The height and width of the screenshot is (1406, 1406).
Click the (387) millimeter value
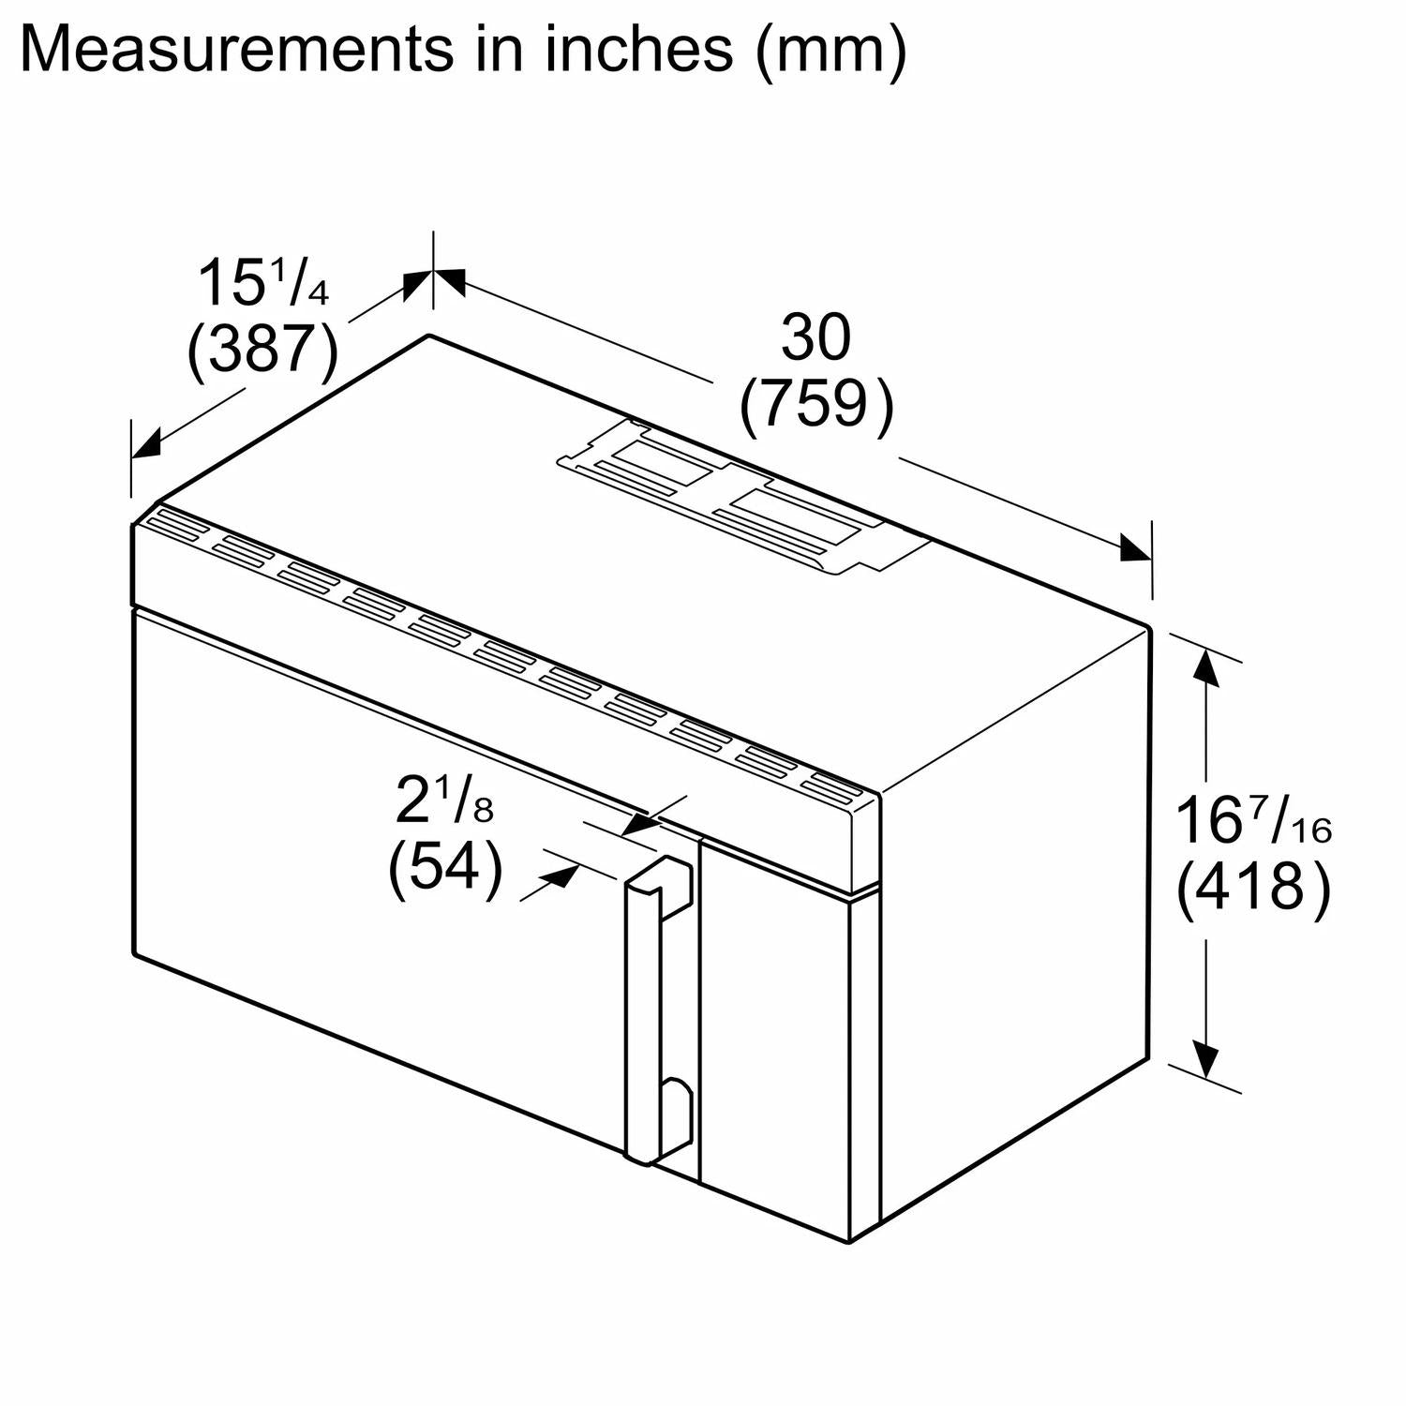pos(262,351)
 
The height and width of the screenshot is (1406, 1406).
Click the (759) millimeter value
pos(816,405)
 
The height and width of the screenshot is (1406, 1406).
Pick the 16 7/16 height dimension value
pos(1252,821)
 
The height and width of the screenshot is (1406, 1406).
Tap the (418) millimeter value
pos(1252,887)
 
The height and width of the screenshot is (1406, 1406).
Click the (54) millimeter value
pos(444,869)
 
